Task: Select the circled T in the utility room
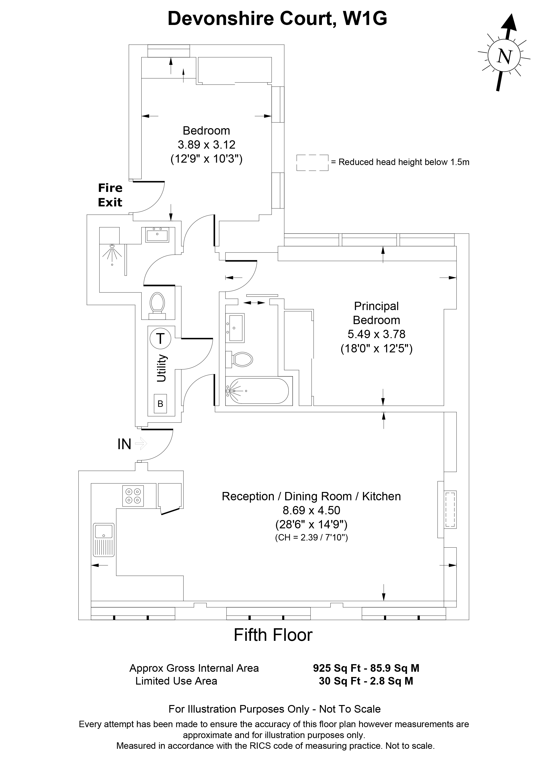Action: coord(160,338)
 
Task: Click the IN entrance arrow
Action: coord(141,444)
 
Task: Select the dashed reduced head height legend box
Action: coord(312,162)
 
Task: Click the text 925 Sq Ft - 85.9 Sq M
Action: coord(366,668)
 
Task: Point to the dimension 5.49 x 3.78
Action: coord(376,334)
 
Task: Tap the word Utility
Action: coord(162,368)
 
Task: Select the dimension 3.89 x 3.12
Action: coord(206,145)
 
